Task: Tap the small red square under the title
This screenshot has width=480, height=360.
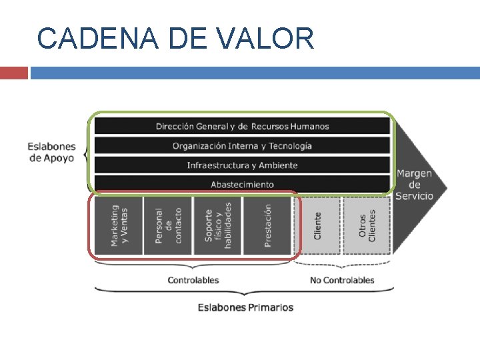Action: [x=13, y=73]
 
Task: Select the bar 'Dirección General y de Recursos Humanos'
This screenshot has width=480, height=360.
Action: [x=242, y=126]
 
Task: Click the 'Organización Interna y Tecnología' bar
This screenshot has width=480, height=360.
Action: [x=242, y=145]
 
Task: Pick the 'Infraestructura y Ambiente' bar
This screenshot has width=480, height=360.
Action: [x=242, y=165]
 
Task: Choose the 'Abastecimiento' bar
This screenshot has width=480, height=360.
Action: [x=242, y=184]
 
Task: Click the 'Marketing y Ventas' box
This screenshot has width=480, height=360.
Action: [x=119, y=225]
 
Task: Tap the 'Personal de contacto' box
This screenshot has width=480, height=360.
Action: [x=168, y=225]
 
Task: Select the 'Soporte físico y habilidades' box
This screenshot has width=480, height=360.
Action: [x=217, y=225]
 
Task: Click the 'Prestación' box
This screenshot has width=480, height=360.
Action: [x=267, y=225]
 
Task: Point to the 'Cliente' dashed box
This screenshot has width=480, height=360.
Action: [x=317, y=225]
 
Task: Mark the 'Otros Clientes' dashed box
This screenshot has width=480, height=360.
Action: [x=367, y=225]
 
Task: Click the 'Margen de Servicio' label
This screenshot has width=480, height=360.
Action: [x=414, y=185]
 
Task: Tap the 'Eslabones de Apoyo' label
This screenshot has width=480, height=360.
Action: [x=51, y=153]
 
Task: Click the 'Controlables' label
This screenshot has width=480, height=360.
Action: [x=193, y=281]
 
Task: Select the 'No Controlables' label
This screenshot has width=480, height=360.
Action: [x=342, y=281]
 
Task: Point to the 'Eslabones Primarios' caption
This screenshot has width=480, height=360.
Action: [x=245, y=307]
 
